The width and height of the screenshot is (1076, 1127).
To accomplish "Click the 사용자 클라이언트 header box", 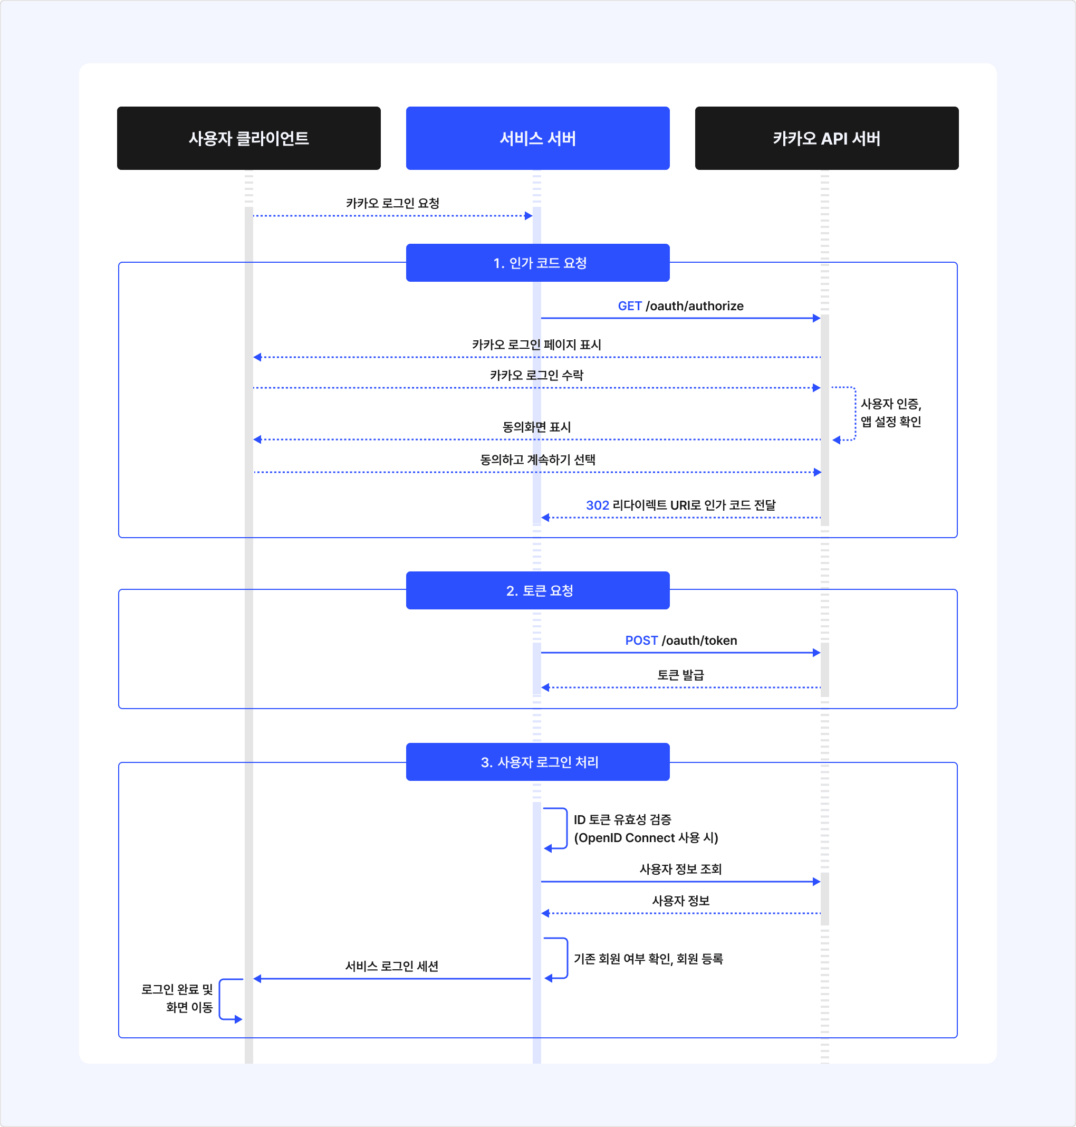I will pyautogui.click(x=248, y=138).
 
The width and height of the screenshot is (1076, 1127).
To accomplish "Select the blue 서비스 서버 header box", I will pyautogui.click(x=537, y=138).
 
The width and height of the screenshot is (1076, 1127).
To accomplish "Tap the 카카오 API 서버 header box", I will pyautogui.click(x=826, y=138).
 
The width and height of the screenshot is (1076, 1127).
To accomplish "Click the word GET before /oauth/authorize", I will pyautogui.click(x=629, y=306).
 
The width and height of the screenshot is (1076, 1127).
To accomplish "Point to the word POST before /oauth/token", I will pyautogui.click(x=641, y=641).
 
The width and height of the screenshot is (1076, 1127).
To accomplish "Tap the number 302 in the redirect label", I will pyautogui.click(x=597, y=505).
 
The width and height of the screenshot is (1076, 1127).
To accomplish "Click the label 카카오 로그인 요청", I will pyautogui.click(x=392, y=203).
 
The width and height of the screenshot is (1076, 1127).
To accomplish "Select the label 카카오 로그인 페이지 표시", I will pyautogui.click(x=536, y=345).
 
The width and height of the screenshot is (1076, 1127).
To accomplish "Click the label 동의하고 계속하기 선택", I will pyautogui.click(x=537, y=460).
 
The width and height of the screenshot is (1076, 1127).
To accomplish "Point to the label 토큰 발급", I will pyautogui.click(x=680, y=675).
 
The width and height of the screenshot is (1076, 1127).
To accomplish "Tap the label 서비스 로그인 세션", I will pyautogui.click(x=392, y=966).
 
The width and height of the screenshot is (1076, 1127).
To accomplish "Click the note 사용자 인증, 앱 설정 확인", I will pyautogui.click(x=890, y=413).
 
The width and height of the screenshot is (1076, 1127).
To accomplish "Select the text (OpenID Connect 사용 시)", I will pyautogui.click(x=646, y=838).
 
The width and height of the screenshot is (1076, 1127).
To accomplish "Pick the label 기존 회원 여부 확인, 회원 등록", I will pyautogui.click(x=648, y=959).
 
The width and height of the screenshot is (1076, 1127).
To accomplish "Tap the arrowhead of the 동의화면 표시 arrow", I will pyautogui.click(x=257, y=440).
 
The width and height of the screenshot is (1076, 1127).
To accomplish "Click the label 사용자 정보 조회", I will pyautogui.click(x=680, y=869).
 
